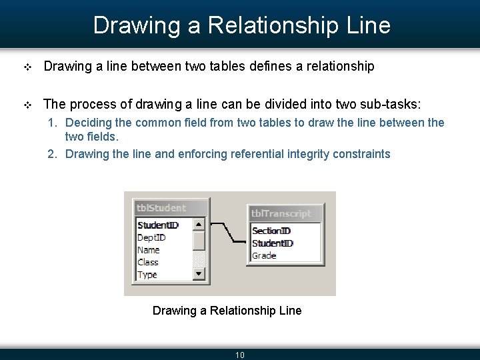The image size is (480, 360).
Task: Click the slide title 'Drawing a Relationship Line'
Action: pos(241,25)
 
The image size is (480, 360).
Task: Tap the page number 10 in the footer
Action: pos(240,355)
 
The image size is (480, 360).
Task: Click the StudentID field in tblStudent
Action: pos(158,225)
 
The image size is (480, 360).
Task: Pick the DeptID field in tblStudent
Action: pos(151,237)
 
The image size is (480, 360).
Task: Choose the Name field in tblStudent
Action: pos(149,250)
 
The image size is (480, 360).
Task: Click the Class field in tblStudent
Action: pos(148,262)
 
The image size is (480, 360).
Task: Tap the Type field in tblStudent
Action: pos(147,274)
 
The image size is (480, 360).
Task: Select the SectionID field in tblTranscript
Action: pos(272,231)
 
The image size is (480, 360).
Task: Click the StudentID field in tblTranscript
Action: pos(273,243)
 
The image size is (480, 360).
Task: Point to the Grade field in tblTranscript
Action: pos(264,255)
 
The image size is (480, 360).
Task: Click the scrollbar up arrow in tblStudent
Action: pos(199,225)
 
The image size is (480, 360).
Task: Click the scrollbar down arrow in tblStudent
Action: pos(199,273)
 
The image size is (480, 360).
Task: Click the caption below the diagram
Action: pos(227,311)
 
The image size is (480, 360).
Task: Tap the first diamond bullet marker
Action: pos(27,67)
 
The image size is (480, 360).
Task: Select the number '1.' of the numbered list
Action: pos(52,123)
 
